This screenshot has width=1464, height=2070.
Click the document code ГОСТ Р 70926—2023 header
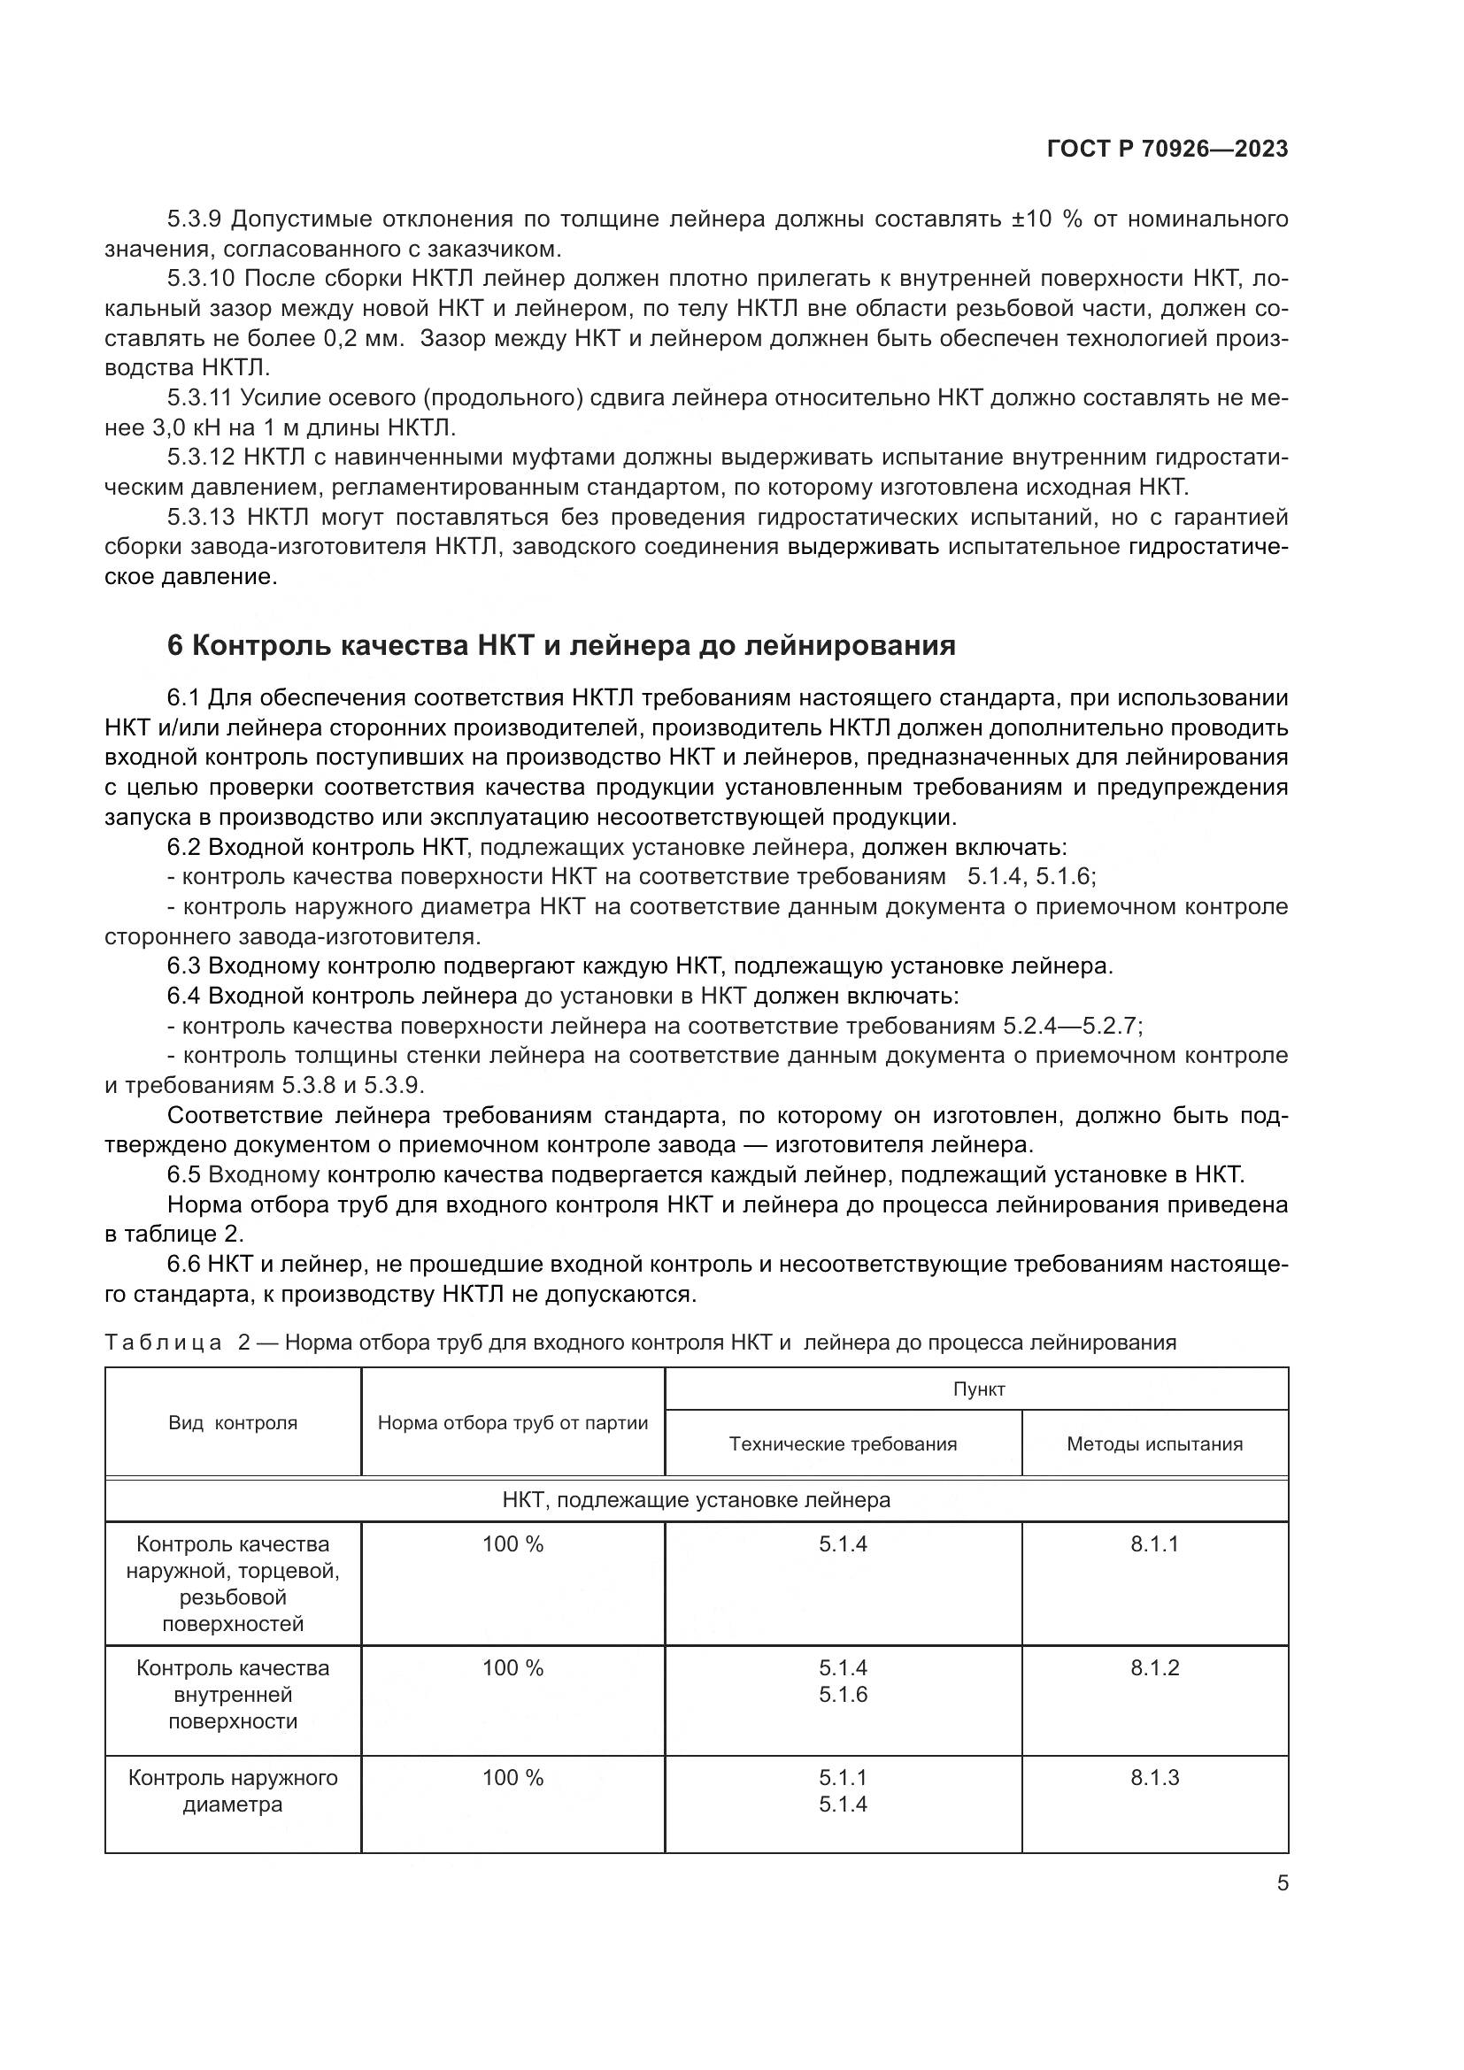[x=1167, y=149]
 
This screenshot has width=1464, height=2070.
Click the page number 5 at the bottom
[x=1282, y=1883]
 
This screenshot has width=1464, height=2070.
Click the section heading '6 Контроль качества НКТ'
[x=560, y=645]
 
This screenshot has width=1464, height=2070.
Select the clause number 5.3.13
[x=200, y=518]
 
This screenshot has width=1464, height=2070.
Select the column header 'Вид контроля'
[x=233, y=1424]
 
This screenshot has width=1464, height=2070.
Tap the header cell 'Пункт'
[x=978, y=1389]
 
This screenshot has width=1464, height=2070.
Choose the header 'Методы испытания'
[x=1154, y=1444]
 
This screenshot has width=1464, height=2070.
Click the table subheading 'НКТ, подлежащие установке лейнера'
[x=696, y=1500]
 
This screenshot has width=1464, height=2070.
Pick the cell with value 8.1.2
[x=1154, y=1668]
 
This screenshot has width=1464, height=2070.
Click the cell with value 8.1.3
[x=1154, y=1778]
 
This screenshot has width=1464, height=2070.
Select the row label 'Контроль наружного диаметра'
[x=233, y=1790]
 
